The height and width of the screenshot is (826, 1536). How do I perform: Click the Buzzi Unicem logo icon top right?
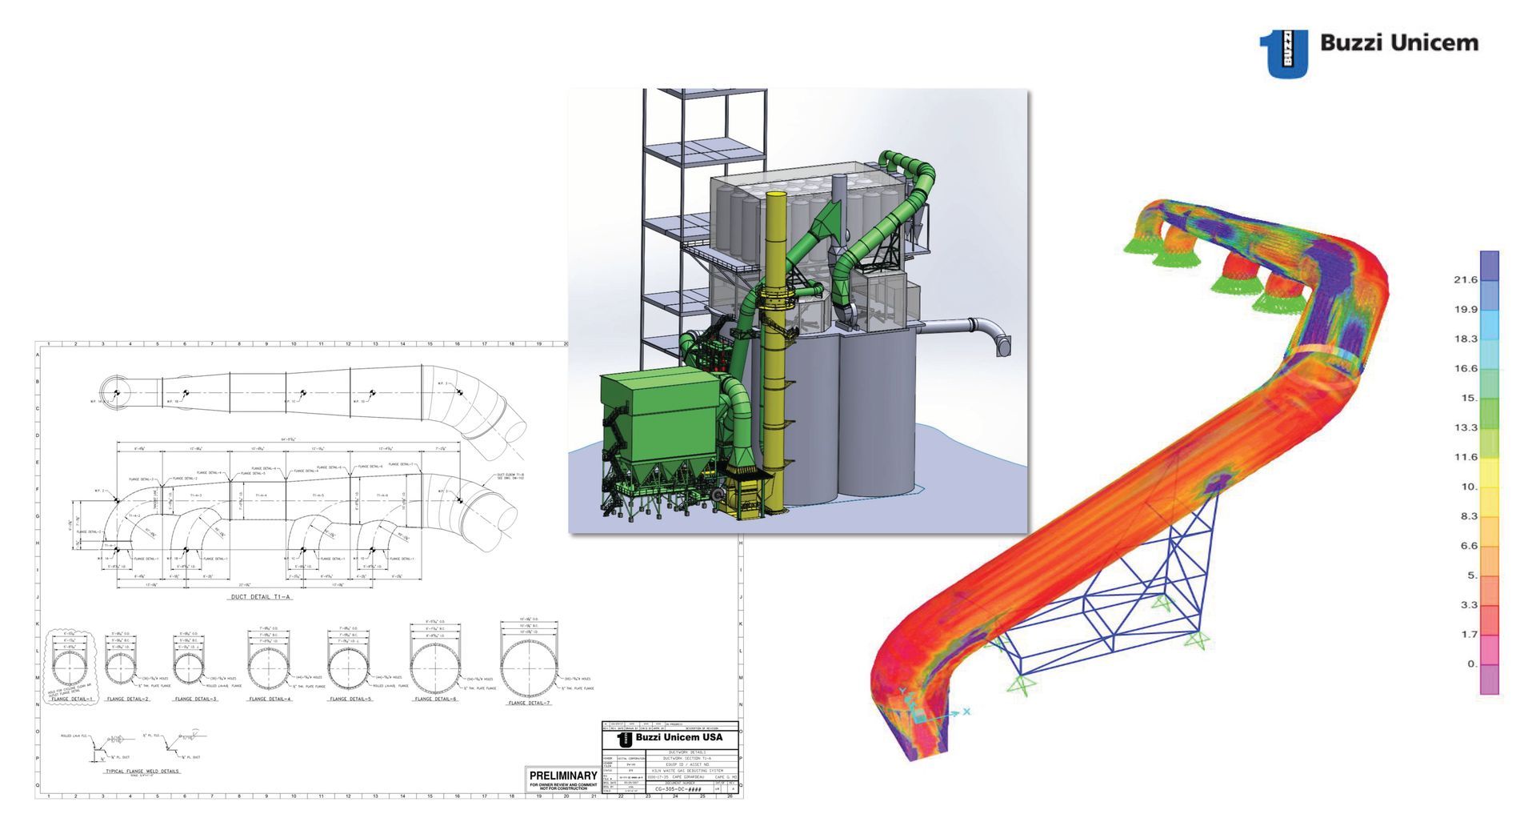tap(1284, 53)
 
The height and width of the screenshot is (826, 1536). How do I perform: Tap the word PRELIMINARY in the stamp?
tap(563, 776)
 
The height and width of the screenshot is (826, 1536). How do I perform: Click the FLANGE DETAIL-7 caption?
tap(529, 703)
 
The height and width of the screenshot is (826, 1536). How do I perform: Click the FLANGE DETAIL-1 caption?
tap(72, 699)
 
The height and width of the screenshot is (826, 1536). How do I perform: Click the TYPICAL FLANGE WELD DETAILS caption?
tap(142, 772)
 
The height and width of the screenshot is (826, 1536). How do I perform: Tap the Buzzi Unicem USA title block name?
tap(678, 738)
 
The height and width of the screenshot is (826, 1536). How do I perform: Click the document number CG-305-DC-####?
tap(678, 788)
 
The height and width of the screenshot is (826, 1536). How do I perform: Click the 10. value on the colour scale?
tap(1469, 487)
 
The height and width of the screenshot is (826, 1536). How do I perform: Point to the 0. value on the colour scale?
tap(1472, 664)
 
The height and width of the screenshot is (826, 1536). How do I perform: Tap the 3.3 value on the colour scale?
tap(1469, 604)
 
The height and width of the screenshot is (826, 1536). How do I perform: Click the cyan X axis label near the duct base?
tap(966, 711)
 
